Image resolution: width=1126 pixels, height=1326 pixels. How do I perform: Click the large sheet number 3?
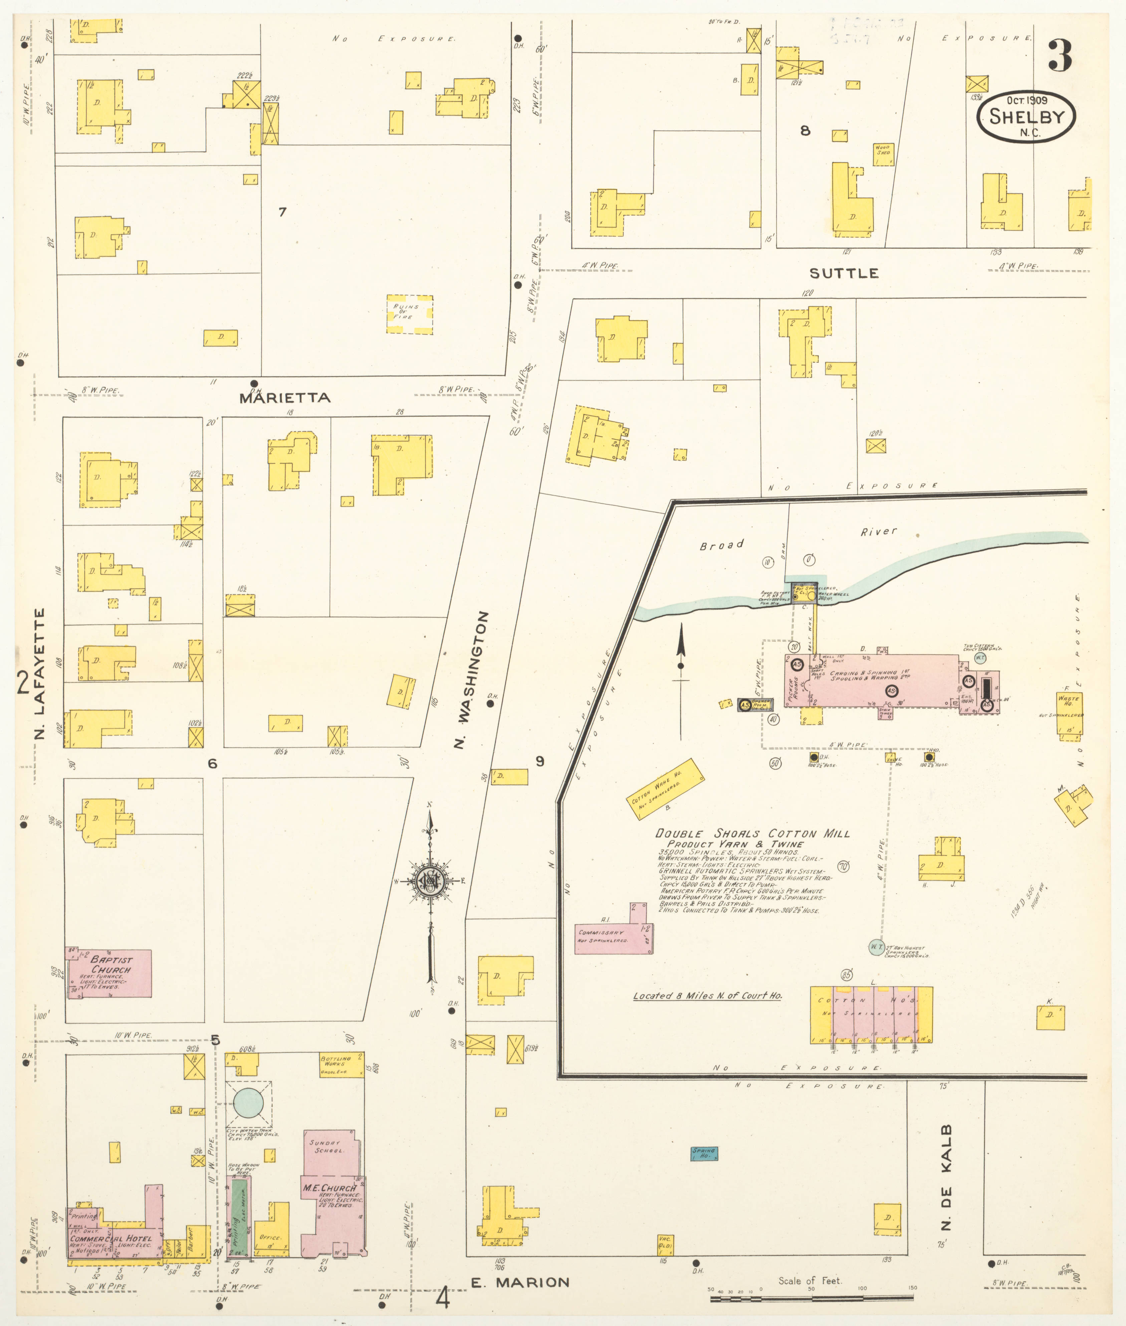[x=1060, y=56]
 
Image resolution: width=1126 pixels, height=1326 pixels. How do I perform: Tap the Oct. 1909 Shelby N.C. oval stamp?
[x=1026, y=116]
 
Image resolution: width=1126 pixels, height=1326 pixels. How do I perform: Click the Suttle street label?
[x=843, y=273]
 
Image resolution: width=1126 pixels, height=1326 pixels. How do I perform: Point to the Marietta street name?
[x=285, y=397]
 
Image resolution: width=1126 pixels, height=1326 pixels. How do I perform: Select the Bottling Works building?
[x=342, y=1064]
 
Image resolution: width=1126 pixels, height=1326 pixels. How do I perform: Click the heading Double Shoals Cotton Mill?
[x=752, y=833]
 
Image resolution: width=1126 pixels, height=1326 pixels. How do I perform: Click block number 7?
[x=282, y=212]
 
